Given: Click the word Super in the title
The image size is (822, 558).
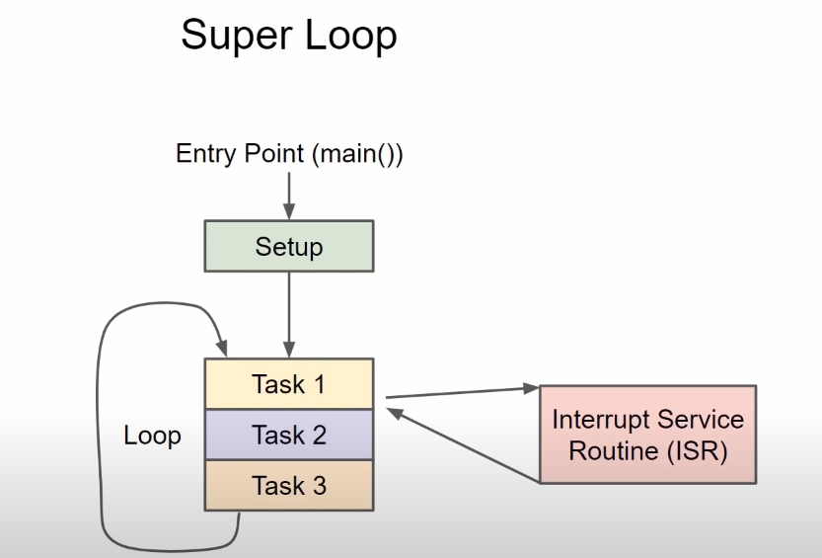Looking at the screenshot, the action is pos(238,36).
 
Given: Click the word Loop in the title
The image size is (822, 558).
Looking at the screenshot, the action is pos(350,36).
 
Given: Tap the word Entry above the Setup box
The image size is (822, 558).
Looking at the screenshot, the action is pos(206,154).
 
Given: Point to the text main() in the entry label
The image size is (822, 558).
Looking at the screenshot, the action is pos(356,154).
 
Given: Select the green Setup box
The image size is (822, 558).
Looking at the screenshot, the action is pos(289,246).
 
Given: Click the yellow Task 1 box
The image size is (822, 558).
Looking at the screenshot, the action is pos(289,384).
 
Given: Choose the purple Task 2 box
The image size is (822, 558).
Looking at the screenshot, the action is pos(289,435).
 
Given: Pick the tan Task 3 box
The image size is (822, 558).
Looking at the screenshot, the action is pos(289,485).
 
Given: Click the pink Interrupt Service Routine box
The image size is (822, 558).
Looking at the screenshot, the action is pos(648,435).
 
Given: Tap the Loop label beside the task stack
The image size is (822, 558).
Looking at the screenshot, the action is pos(153,436).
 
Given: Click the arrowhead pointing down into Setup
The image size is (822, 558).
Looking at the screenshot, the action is pos(289,212).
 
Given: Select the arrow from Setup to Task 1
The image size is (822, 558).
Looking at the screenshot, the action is pos(289,315).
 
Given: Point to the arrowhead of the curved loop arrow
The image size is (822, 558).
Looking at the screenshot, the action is pos(222,348).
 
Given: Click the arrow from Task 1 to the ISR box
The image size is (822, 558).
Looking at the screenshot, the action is pos(463,393).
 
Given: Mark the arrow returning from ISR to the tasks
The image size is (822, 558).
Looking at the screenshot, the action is pos(464,444).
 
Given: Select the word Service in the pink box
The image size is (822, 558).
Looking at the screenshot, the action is pos(701,419).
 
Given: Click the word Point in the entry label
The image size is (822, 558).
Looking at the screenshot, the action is pos(274,154).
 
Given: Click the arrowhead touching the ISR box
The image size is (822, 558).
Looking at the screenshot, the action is pos(532,388).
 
